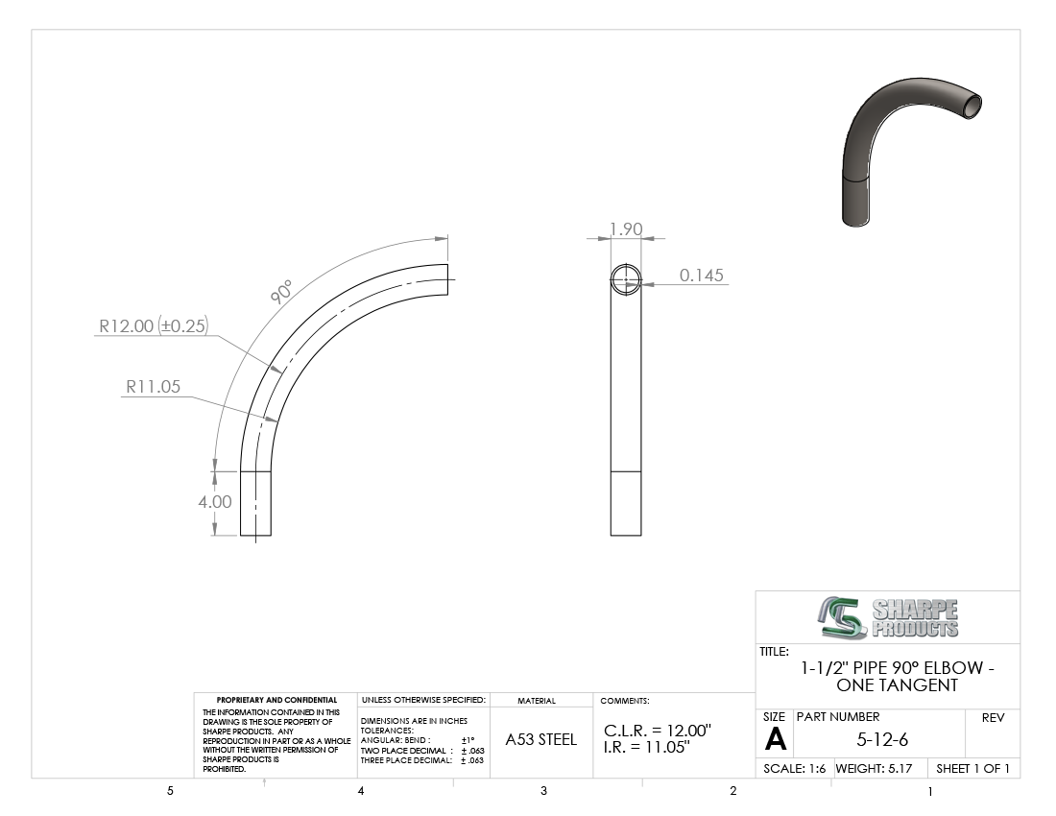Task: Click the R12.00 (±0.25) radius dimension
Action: [x=154, y=325]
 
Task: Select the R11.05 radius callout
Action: [x=153, y=387]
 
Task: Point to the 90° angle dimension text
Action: [x=281, y=292]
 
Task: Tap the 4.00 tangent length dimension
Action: [x=215, y=501]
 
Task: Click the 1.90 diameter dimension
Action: [x=626, y=228]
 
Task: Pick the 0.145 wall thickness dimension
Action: [x=701, y=275]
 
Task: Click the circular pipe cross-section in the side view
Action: [x=626, y=279]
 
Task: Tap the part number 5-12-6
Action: [x=882, y=740]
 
